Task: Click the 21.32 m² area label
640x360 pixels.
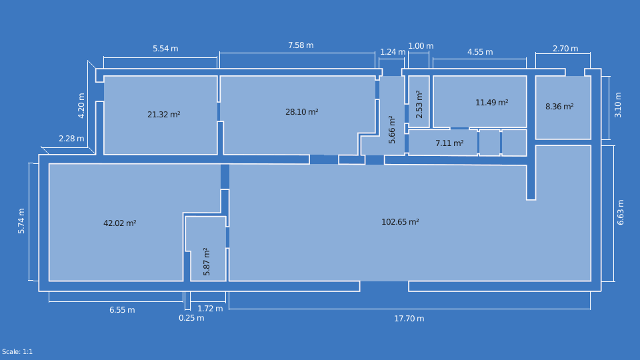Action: [163, 115]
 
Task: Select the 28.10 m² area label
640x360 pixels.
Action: [301, 112]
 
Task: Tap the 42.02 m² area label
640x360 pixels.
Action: [119, 223]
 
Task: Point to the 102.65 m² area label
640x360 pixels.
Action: [400, 222]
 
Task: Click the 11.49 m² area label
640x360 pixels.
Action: [491, 103]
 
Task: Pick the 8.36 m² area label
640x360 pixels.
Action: [559, 107]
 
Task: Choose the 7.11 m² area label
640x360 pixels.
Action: [449, 143]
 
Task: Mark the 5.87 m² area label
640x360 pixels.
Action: [207, 262]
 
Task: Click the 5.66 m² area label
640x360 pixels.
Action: [392, 130]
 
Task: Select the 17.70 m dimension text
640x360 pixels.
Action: [409, 319]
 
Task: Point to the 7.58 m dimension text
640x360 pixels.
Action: [301, 45]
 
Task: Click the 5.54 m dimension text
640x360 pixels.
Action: [165, 49]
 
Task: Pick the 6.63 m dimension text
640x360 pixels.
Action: [621, 213]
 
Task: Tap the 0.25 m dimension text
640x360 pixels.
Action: [191, 318]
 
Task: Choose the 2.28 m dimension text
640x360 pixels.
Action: [71, 139]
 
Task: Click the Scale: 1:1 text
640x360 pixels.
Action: [17, 352]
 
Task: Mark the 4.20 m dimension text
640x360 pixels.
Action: [81, 105]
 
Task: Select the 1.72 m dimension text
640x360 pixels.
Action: [210, 309]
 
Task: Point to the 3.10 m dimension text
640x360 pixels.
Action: [618, 105]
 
